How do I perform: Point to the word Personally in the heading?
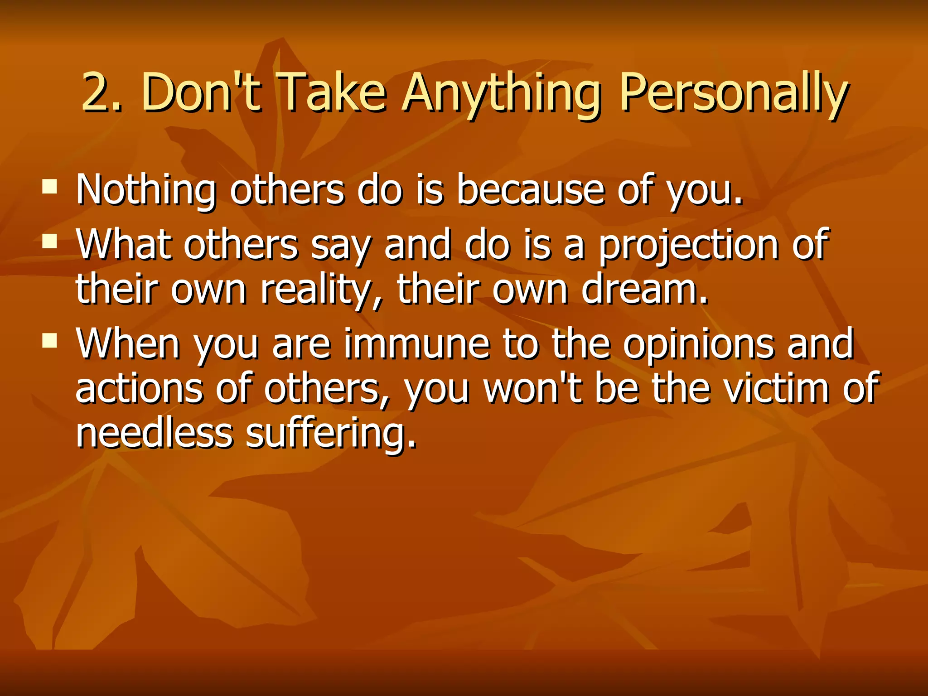pos(733,95)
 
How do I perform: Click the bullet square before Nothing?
pos(50,186)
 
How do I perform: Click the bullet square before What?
pos(50,241)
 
